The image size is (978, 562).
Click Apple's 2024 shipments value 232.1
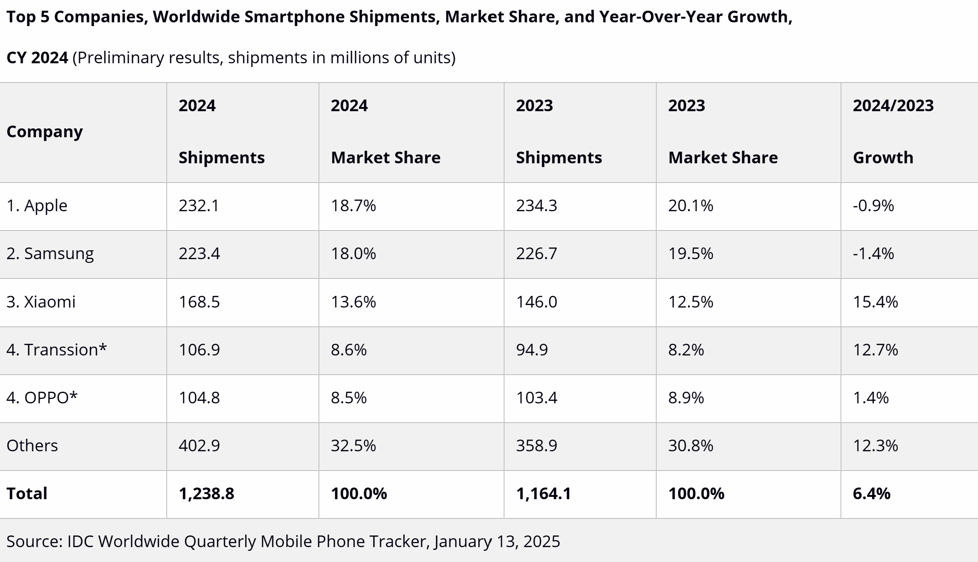(x=199, y=206)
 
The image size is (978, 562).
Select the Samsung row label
(x=50, y=254)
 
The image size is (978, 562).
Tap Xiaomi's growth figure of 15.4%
(x=875, y=302)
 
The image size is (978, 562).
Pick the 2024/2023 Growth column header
(x=893, y=132)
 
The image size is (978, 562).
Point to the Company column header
(x=45, y=132)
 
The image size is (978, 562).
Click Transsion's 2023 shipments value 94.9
(x=532, y=350)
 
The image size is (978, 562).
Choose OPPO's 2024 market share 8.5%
(x=348, y=398)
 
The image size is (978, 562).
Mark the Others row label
(x=32, y=446)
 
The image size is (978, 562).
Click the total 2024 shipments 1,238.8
(x=206, y=494)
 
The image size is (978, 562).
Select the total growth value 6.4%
(x=871, y=494)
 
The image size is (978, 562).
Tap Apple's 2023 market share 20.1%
(x=690, y=206)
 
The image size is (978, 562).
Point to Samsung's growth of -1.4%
(x=873, y=254)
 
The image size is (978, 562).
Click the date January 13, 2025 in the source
(x=497, y=542)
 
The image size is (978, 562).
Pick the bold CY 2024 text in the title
(x=37, y=58)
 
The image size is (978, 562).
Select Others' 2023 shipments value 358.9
(x=536, y=446)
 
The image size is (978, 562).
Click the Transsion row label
(x=56, y=350)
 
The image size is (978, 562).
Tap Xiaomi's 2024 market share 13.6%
(x=353, y=302)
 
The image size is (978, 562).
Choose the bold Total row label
(x=27, y=494)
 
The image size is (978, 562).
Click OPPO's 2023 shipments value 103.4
(x=536, y=398)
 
